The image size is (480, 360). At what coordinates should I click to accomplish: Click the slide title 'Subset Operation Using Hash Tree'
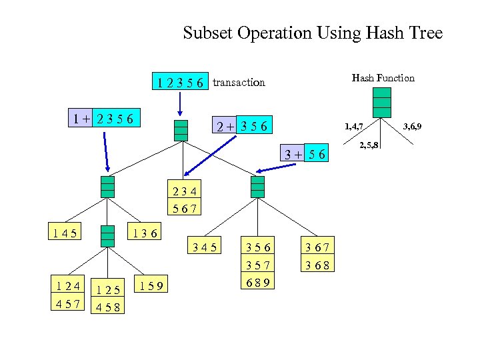[x=313, y=33]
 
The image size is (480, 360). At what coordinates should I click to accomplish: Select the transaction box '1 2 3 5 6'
[x=181, y=82]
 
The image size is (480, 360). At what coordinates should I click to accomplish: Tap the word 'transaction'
[x=239, y=83]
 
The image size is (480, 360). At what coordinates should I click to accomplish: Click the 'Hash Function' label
[x=383, y=78]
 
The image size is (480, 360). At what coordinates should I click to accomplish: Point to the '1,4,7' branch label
[x=353, y=126]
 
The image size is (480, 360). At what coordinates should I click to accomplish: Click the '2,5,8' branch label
[x=369, y=145]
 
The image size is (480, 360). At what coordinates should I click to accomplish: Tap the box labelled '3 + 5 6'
[x=304, y=154]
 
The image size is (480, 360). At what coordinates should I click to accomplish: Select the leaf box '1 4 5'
[x=64, y=233]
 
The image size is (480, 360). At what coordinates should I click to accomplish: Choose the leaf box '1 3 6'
[x=144, y=233]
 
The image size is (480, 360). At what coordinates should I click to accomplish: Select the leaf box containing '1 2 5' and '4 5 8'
[x=107, y=298]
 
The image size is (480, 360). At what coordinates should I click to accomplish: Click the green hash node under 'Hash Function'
[x=382, y=102]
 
